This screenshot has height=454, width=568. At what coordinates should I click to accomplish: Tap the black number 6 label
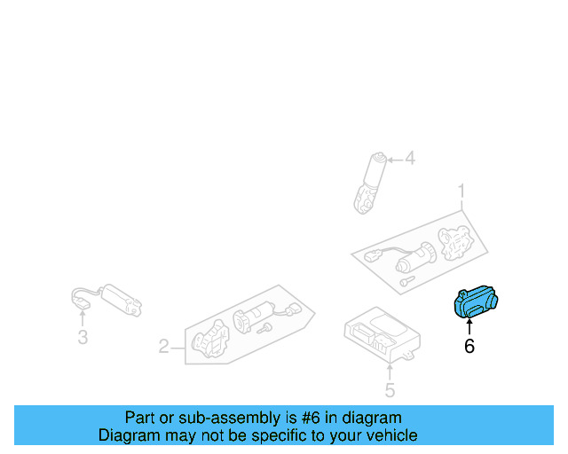click(469, 347)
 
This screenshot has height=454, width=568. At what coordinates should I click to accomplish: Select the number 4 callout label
click(409, 160)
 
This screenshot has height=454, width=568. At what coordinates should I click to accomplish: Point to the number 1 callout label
click(461, 191)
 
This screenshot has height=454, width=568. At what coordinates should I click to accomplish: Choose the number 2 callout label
click(163, 347)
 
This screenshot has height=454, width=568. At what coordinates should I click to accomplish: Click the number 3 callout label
click(82, 337)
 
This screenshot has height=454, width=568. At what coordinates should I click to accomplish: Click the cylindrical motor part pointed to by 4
click(371, 182)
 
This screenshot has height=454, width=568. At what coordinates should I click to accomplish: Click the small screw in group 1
click(406, 280)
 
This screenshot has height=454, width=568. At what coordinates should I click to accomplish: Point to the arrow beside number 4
click(393, 160)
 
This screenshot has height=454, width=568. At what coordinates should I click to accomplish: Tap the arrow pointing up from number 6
click(469, 327)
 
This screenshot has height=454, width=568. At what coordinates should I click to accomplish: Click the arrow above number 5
click(389, 370)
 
